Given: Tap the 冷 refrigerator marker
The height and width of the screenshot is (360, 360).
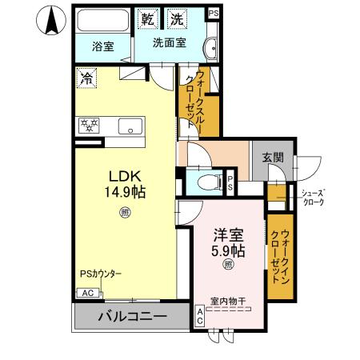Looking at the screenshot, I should (86, 78).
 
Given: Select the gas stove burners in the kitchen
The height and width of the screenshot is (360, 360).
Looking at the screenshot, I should (88, 125).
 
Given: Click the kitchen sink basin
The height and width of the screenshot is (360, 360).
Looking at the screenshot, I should (128, 126).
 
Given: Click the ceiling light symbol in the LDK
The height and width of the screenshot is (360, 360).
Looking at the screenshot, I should (125, 212).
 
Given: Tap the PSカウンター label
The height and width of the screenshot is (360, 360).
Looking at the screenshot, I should (100, 274).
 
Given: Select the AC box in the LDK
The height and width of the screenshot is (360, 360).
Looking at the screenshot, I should (85, 293).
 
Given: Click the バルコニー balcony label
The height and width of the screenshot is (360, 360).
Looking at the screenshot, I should (132, 317).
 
